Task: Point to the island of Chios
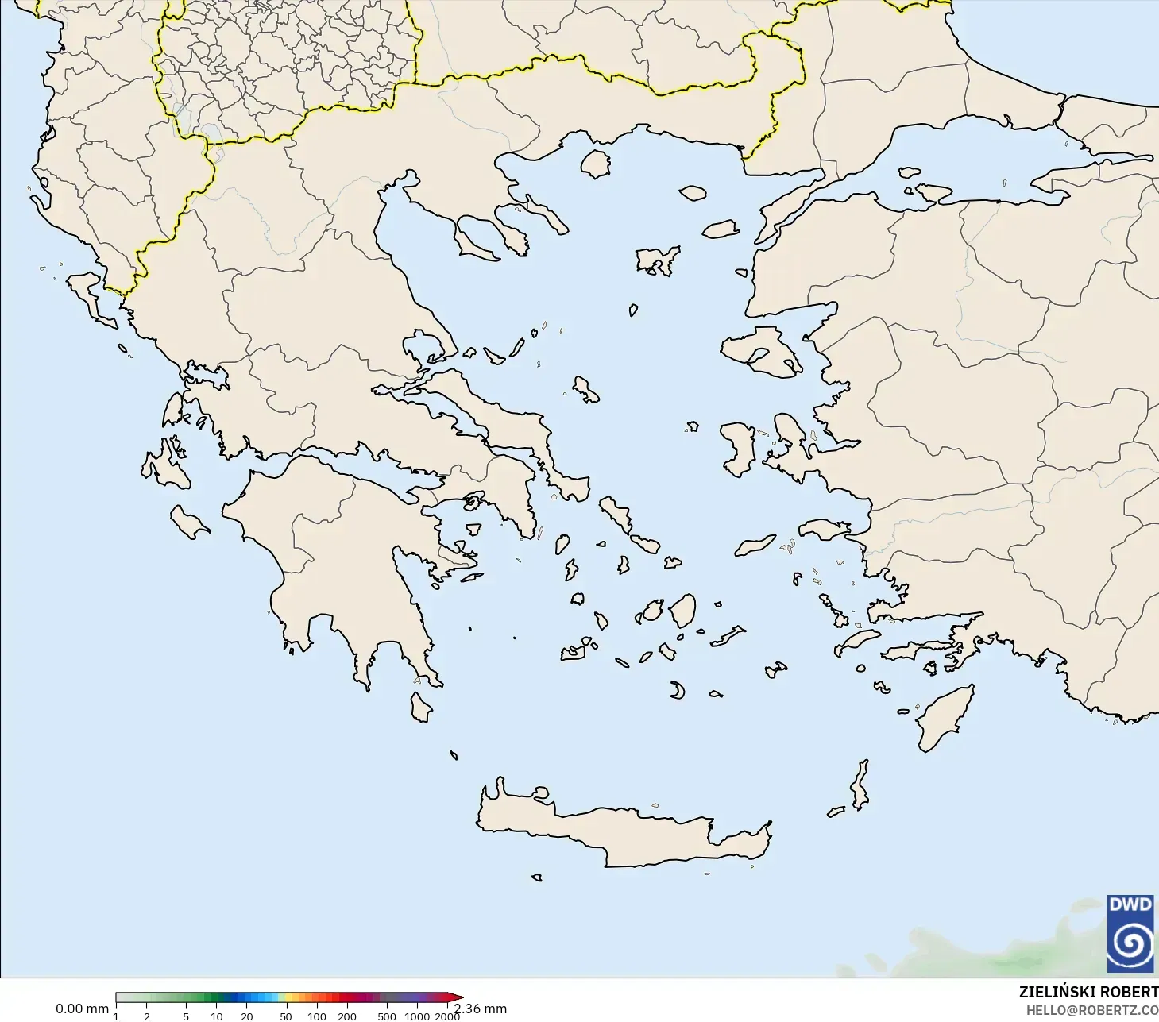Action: [x=738, y=449]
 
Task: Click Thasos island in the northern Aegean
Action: [x=596, y=163]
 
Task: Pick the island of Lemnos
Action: [x=658, y=259]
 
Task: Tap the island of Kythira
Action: [x=420, y=707]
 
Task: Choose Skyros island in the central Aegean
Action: [x=585, y=389]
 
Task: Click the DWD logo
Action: [x=1130, y=933]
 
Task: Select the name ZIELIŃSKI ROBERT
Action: [x=1088, y=992]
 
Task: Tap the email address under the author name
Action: [x=1091, y=1010]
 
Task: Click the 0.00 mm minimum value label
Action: [x=82, y=1009]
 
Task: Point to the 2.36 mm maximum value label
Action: [x=481, y=1009]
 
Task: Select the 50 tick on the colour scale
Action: [x=286, y=1016]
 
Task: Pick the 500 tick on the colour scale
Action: [x=387, y=1016]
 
